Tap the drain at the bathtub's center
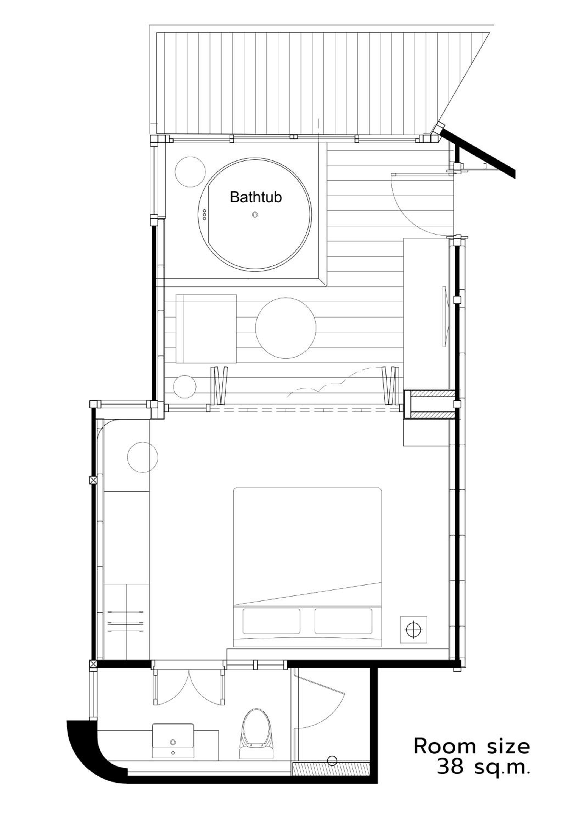point(255,215)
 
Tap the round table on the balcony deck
point(286,328)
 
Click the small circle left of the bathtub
point(190,172)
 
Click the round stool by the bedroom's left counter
point(143,457)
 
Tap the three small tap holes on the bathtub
point(205,215)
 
